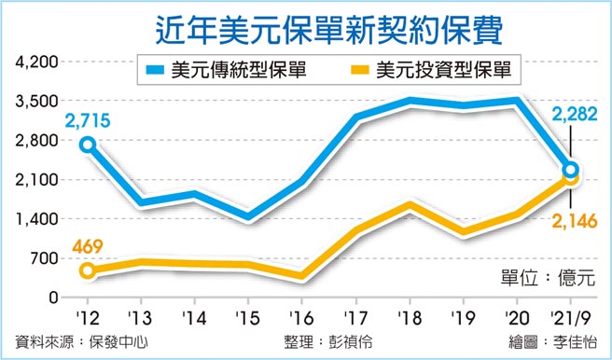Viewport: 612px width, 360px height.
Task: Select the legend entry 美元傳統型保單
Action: pos(223,69)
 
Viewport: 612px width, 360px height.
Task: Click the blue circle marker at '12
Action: pos(87,145)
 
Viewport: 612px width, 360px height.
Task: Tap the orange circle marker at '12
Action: pos(87,270)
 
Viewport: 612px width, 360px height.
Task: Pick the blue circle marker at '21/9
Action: pos(570,169)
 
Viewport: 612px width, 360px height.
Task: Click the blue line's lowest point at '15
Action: pos(247,216)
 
